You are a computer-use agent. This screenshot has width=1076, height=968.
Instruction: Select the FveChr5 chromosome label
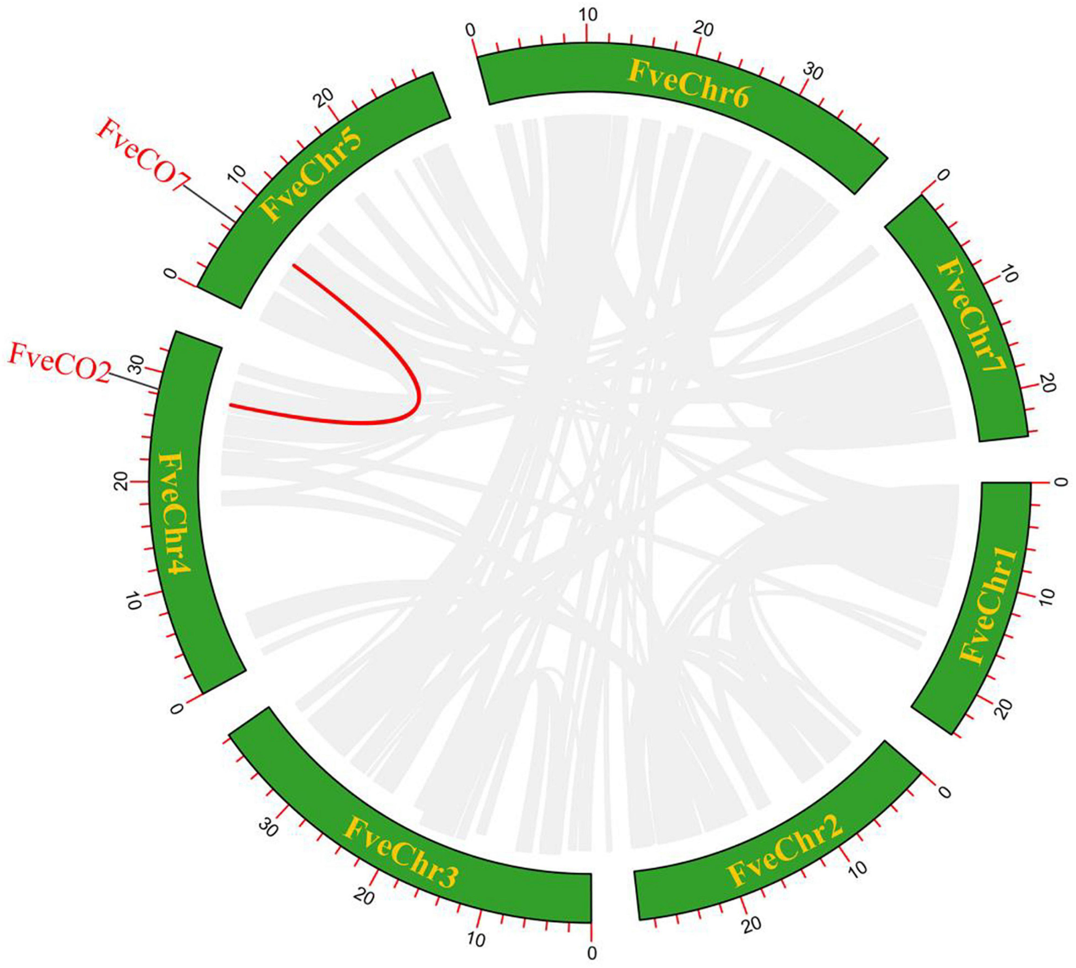tap(311, 176)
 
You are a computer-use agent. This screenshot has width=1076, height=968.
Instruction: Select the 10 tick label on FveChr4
tap(135, 602)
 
